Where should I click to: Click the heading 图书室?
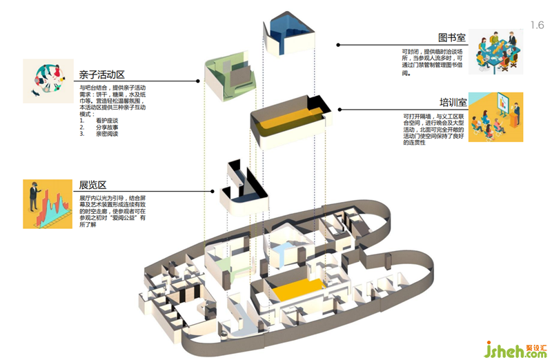click(451, 37)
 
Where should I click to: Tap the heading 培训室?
click(451, 102)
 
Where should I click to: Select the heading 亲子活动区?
click(99, 74)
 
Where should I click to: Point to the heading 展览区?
click(92, 185)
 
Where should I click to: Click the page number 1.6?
click(537, 26)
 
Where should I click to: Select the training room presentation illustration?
click(495, 117)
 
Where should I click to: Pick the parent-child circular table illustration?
click(48, 81)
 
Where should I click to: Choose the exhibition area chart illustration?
click(48, 204)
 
